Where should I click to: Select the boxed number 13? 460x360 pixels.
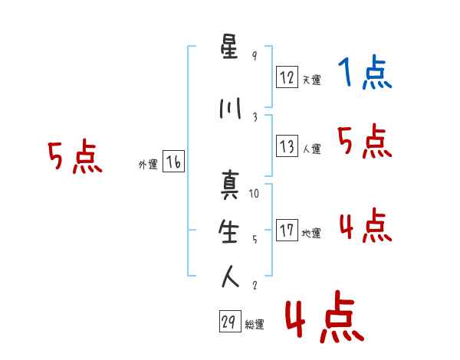pyautogui.click(x=287, y=146)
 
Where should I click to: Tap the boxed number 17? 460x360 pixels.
pyautogui.click(x=287, y=231)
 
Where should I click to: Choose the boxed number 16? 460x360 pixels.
pyautogui.click(x=174, y=162)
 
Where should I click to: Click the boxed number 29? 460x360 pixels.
pyautogui.click(x=229, y=322)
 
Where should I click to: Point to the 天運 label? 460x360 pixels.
pyautogui.click(x=311, y=79)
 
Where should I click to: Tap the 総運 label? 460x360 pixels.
pyautogui.click(x=255, y=325)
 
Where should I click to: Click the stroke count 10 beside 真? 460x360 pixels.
pyautogui.click(x=255, y=194)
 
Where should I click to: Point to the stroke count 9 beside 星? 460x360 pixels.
pyautogui.click(x=255, y=56)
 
